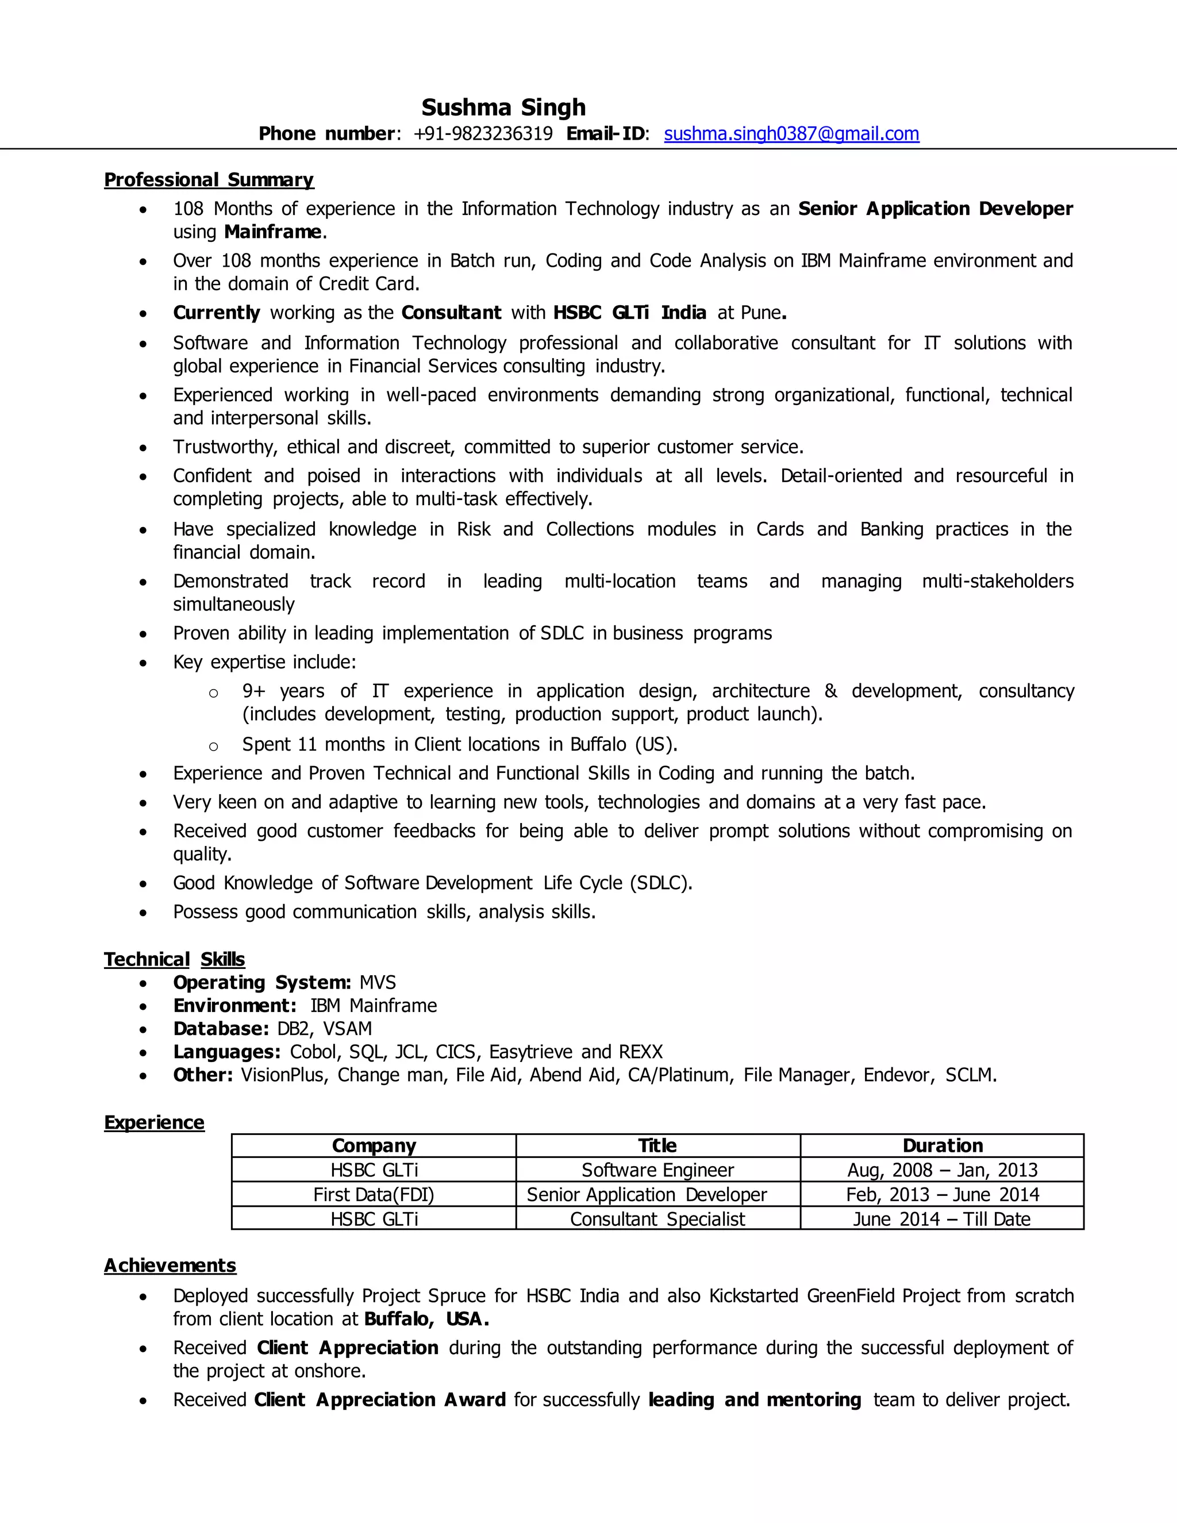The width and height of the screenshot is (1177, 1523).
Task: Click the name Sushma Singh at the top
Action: (x=503, y=107)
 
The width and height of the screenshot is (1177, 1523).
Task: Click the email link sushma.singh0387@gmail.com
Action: (x=791, y=133)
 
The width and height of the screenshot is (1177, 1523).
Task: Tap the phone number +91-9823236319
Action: (x=483, y=133)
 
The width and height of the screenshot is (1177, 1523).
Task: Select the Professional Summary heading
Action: (x=209, y=180)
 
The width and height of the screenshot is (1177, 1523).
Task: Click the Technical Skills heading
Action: (x=174, y=960)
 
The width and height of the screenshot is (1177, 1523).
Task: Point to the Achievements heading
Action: (x=170, y=1266)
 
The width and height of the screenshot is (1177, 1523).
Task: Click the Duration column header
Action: (x=942, y=1146)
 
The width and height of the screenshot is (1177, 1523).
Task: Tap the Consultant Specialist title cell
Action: (x=657, y=1219)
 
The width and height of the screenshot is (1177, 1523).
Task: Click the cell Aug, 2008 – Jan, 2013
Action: (x=942, y=1170)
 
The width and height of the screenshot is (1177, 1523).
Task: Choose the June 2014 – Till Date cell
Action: (x=942, y=1219)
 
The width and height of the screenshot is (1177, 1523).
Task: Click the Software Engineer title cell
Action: (x=657, y=1170)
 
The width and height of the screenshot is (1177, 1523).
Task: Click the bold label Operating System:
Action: (x=261, y=983)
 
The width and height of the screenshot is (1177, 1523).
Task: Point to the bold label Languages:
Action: (x=226, y=1052)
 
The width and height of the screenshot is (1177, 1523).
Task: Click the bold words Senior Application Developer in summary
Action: (x=935, y=209)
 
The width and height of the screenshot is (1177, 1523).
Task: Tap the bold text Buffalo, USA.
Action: (x=426, y=1318)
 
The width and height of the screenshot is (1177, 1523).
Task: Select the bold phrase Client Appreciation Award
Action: (x=380, y=1399)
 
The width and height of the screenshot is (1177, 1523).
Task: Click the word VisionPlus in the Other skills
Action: (x=282, y=1075)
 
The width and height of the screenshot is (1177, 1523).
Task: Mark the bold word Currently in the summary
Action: (x=216, y=313)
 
